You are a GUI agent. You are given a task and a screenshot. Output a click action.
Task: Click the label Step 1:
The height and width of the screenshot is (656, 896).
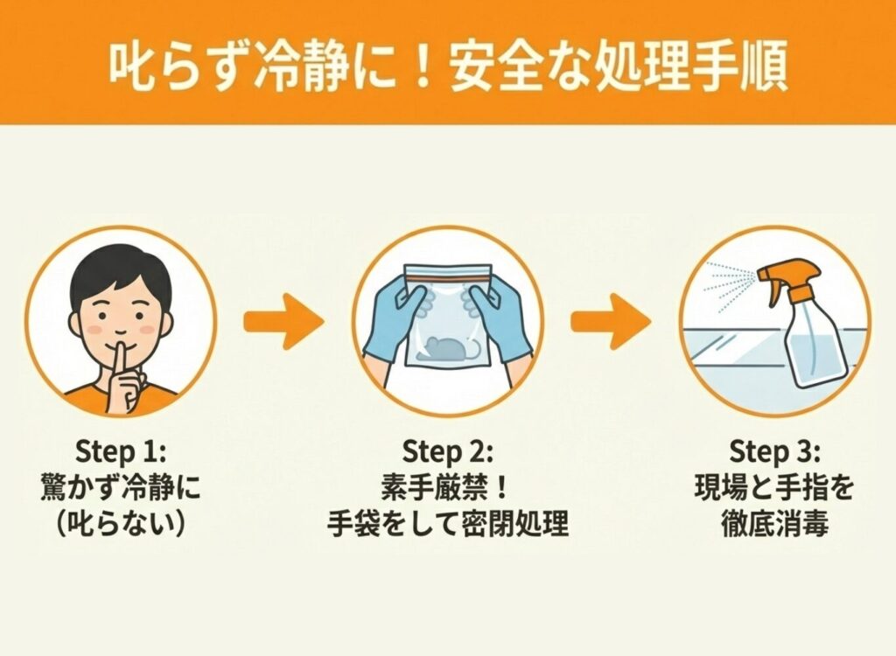(120, 452)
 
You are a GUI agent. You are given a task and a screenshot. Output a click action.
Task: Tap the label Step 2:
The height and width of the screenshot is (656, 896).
(447, 452)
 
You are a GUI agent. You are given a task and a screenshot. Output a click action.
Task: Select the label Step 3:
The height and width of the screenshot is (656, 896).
(774, 452)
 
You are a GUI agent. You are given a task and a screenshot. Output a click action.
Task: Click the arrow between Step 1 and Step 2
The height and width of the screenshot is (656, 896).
(284, 321)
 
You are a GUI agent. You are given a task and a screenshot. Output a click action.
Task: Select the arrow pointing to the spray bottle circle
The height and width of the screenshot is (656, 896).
(611, 321)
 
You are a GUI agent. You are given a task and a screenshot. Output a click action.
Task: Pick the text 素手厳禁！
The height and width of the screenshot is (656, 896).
(447, 489)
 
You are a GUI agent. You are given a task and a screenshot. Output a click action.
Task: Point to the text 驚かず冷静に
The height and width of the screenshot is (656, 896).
(120, 489)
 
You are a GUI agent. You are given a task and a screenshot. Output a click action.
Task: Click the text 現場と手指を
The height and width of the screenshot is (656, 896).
(774, 489)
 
